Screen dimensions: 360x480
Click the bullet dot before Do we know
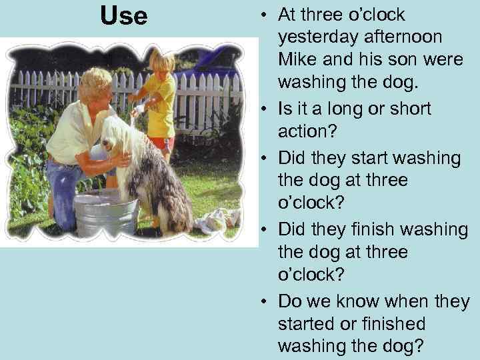point(265,301)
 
